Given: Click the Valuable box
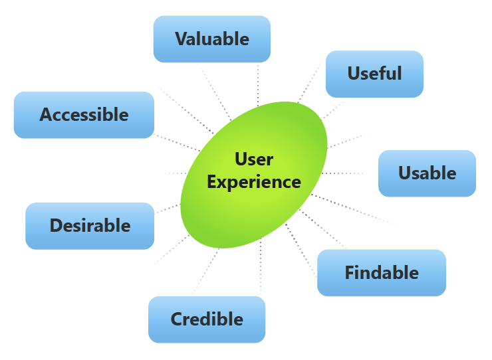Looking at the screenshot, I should pyautogui.click(x=211, y=39).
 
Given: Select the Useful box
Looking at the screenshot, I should pyautogui.click(x=374, y=73).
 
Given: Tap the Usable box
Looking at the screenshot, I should pyautogui.click(x=427, y=173).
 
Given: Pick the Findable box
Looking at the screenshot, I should pyautogui.click(x=381, y=272).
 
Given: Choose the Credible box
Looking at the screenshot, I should pyautogui.click(x=207, y=319).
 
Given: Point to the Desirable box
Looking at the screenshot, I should pyautogui.click(x=90, y=226).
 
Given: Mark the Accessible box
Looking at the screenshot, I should pyautogui.click(x=84, y=115).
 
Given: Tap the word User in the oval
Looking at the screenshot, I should pyautogui.click(x=254, y=159).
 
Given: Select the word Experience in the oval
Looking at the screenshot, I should pyautogui.click(x=254, y=181).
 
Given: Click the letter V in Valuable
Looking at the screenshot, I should pyautogui.click(x=181, y=39).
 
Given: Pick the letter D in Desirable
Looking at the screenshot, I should pyautogui.click(x=57, y=226).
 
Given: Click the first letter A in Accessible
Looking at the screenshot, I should pyautogui.click(x=46, y=115).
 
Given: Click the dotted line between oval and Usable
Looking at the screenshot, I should pyautogui.click(x=349, y=173).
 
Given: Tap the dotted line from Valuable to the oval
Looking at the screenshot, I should pyautogui.click(x=258, y=83).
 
